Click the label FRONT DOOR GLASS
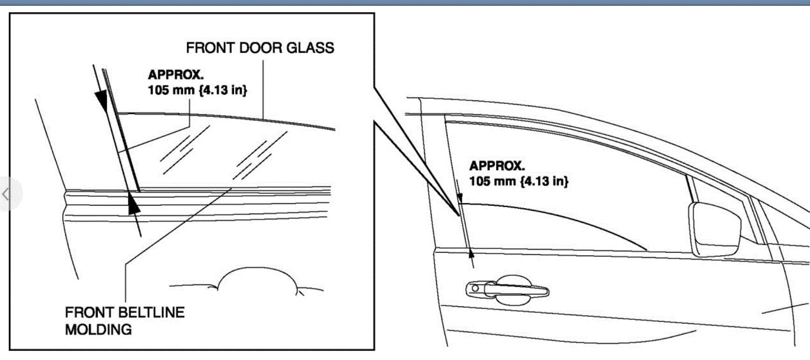coord(260,48)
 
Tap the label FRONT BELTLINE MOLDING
coord(125,321)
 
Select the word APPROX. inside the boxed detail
coord(175,75)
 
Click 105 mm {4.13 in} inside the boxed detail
coord(197,90)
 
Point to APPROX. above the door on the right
coord(497,166)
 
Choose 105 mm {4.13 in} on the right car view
coord(519,181)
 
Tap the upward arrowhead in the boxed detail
coord(133,204)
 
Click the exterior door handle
coord(507,290)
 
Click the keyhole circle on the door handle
coord(475,288)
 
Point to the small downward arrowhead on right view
coord(460,199)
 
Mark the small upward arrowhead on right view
coord(472,253)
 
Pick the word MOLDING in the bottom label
coord(98,330)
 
